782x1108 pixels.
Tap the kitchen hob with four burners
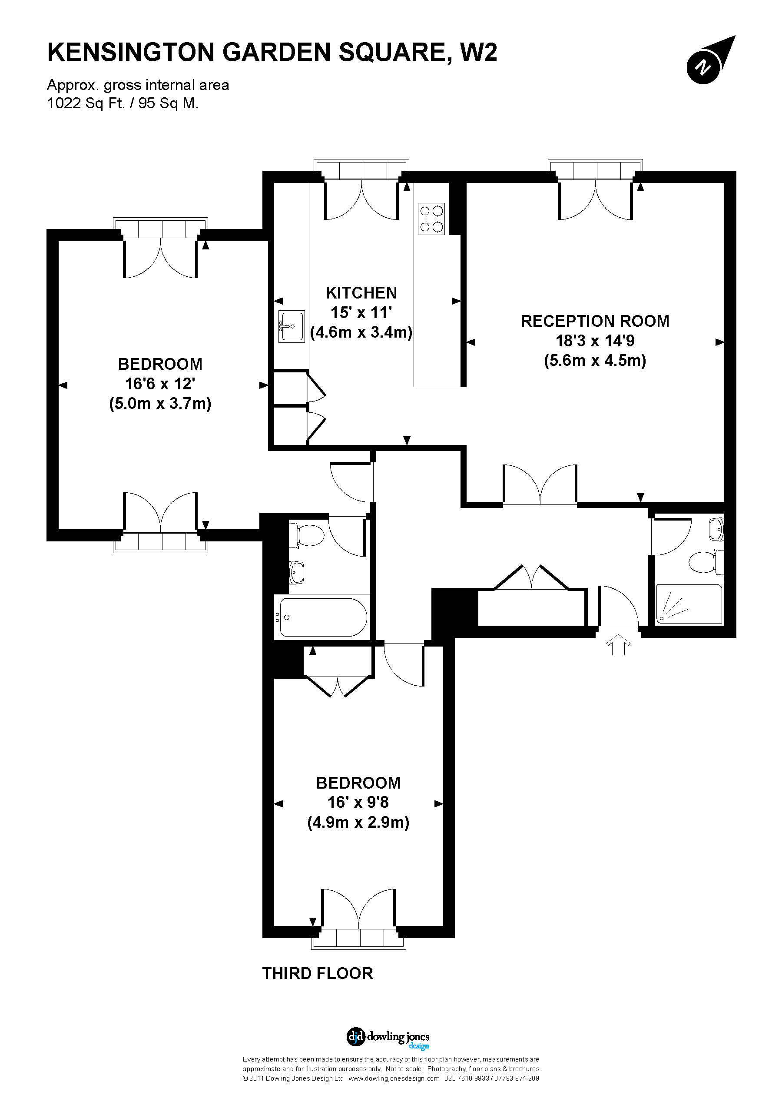[431, 219]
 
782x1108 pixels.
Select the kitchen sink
[292, 327]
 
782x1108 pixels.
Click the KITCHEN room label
[361, 293]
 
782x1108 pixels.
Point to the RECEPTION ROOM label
[594, 322]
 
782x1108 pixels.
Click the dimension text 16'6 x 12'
[160, 384]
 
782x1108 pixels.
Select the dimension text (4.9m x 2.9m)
[358, 822]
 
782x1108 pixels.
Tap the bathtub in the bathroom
[322, 617]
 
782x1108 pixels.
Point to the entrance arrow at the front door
[618, 645]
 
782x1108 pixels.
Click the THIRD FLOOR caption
[318, 973]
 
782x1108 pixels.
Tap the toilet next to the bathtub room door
[308, 536]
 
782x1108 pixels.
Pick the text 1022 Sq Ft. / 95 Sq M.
[123, 103]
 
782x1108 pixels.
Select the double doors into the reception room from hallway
[540, 485]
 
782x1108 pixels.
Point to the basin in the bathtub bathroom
[297, 572]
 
